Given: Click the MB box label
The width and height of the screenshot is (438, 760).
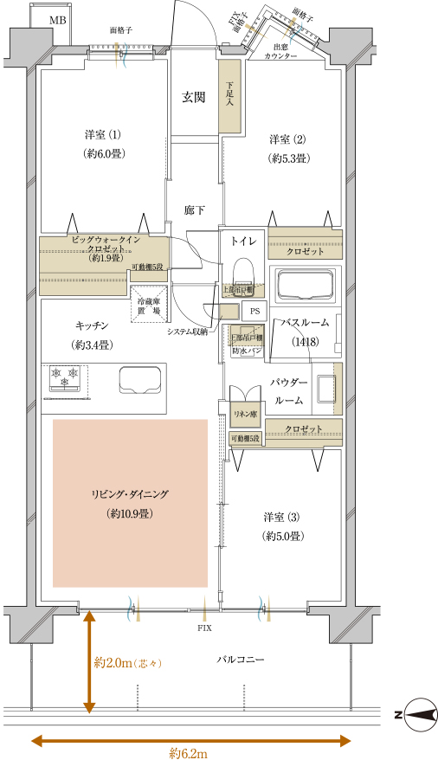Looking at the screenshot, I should click(x=56, y=19).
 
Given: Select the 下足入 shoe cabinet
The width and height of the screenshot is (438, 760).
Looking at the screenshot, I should click(x=229, y=96).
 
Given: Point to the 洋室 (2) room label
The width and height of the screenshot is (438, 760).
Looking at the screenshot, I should click(x=287, y=139).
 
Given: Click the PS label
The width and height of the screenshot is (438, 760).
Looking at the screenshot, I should click(x=254, y=311).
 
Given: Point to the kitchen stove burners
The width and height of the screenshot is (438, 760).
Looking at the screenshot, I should click(x=67, y=377).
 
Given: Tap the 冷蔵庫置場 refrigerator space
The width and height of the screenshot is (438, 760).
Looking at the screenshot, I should click(x=148, y=306).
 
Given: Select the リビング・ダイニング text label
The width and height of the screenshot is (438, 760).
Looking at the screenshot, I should click(x=130, y=494).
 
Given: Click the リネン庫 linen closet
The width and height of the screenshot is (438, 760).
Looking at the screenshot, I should click(x=245, y=415).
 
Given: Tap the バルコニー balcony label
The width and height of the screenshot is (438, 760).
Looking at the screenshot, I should click(x=240, y=660).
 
